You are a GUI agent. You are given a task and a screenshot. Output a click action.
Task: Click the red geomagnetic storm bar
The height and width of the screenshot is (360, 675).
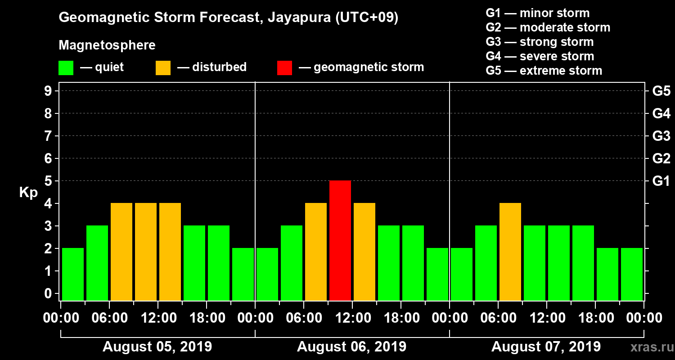click(x=340, y=240)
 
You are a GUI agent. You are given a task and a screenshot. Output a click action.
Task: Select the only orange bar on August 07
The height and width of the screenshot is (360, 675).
click(x=510, y=252)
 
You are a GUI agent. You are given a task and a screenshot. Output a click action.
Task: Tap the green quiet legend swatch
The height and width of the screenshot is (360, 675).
click(x=66, y=68)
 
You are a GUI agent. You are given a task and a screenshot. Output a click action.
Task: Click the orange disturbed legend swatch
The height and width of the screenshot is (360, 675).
click(x=163, y=68)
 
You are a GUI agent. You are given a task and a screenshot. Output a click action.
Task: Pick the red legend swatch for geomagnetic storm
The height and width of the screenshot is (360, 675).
click(x=284, y=68)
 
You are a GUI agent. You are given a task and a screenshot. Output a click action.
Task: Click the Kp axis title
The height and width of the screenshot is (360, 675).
click(x=28, y=193)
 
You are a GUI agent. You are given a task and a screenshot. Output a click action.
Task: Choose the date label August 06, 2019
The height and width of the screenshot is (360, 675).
click(x=351, y=347)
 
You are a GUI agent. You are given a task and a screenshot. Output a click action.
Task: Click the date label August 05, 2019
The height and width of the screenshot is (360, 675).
click(x=157, y=347)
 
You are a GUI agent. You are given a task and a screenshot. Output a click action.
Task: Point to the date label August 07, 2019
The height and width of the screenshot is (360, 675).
click(x=546, y=347)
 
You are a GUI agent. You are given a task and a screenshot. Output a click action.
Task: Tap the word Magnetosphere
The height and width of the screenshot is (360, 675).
click(x=107, y=45)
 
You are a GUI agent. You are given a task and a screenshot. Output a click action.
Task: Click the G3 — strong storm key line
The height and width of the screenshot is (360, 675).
click(x=540, y=42)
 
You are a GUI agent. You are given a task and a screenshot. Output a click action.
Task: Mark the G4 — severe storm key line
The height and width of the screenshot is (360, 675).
click(x=540, y=56)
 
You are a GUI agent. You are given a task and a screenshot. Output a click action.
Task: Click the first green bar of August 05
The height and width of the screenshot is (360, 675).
click(x=73, y=274)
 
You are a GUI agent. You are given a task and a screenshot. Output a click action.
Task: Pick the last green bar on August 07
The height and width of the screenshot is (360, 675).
click(x=632, y=274)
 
